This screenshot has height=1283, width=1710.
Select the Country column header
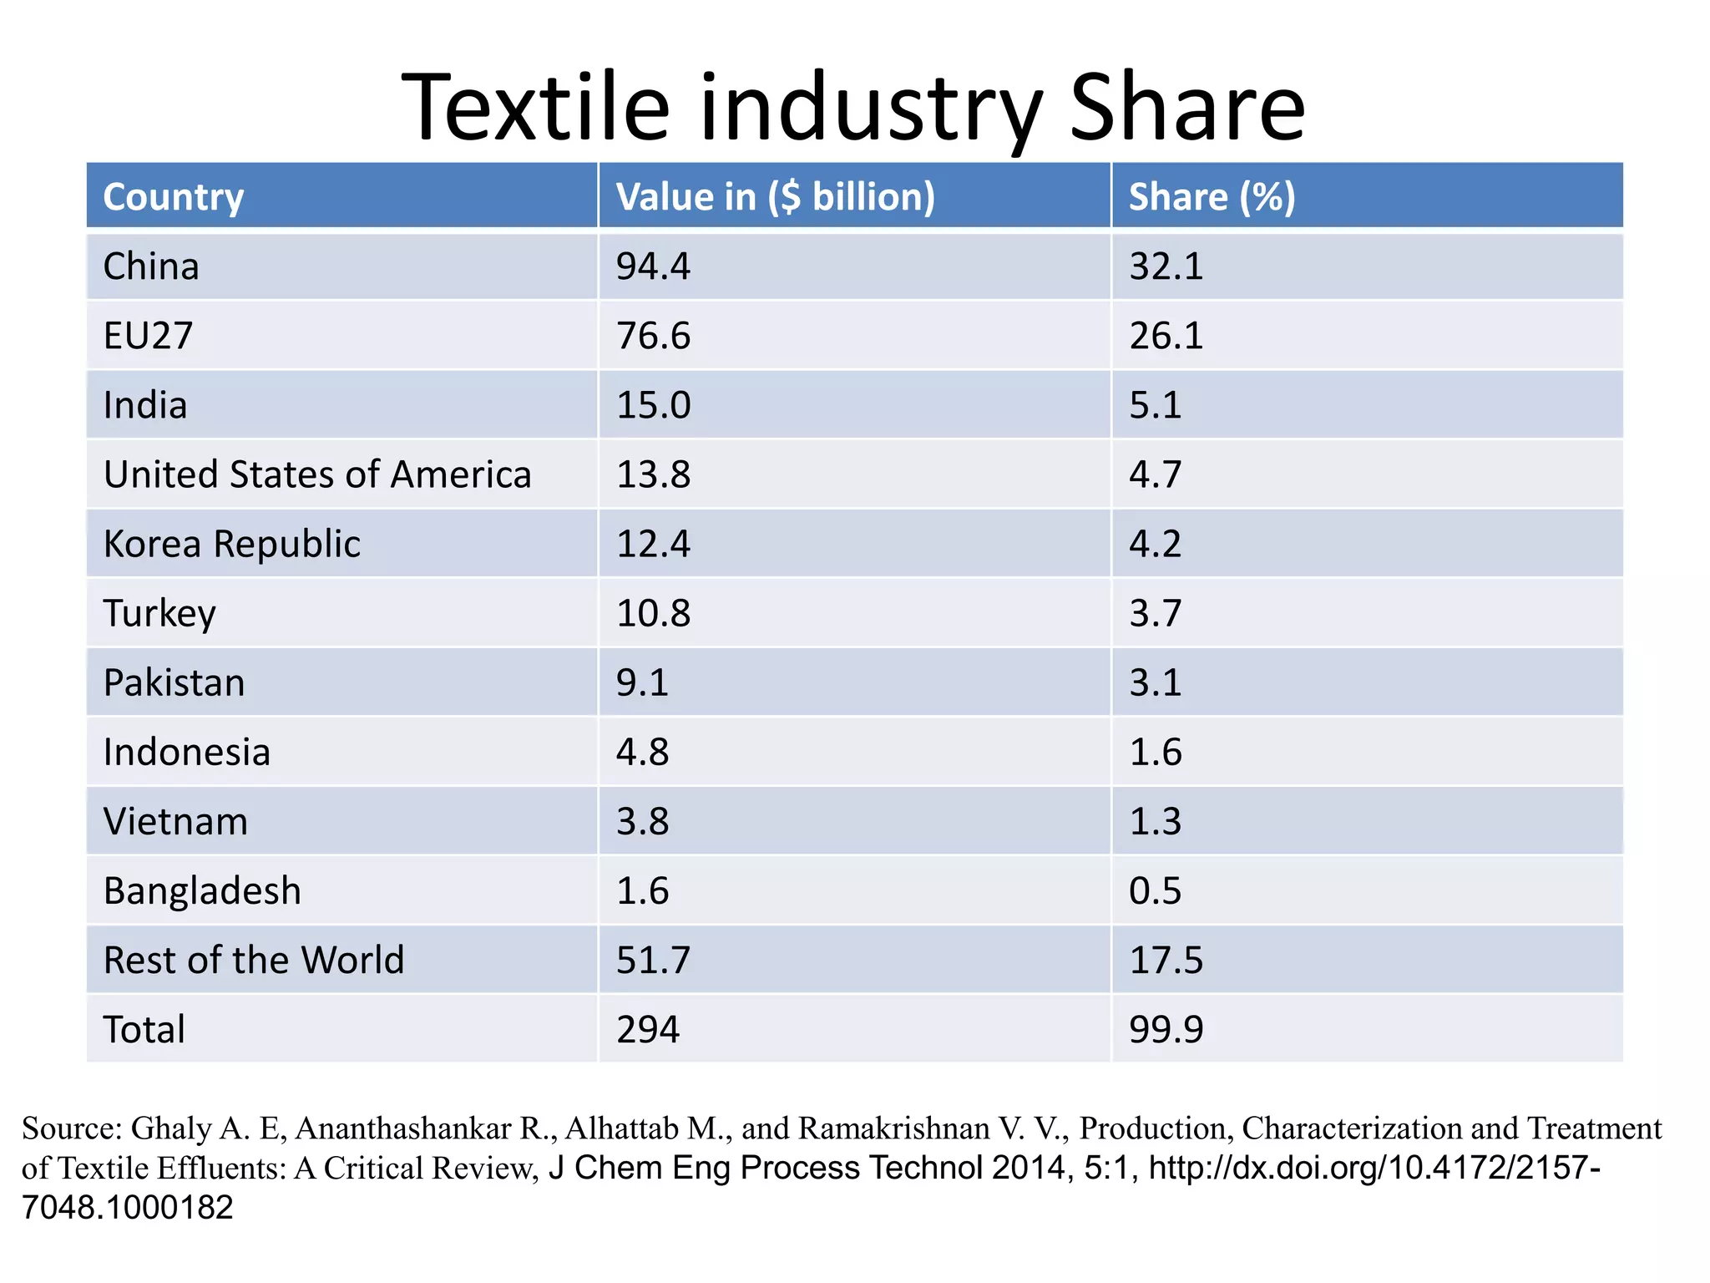tap(173, 197)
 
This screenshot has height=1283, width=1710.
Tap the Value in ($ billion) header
tap(775, 197)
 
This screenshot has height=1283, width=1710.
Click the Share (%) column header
tap(1212, 197)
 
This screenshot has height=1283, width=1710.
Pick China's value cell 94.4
tap(653, 266)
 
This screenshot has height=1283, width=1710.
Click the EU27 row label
tap(148, 336)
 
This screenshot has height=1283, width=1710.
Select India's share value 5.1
tap(1155, 405)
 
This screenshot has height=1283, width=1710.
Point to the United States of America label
tap(317, 474)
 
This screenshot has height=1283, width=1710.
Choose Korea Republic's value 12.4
tap(653, 544)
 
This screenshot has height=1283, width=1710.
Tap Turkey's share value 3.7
tap(1155, 613)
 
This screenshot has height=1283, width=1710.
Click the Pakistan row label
tap(174, 682)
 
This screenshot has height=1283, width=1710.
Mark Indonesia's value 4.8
tap(642, 752)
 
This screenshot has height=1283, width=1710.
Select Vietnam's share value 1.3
tap(1155, 821)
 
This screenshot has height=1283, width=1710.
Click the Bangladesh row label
tap(202, 890)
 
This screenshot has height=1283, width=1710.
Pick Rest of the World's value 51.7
tap(653, 960)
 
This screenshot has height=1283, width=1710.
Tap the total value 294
tap(648, 1029)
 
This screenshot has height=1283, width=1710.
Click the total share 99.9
tap(1166, 1029)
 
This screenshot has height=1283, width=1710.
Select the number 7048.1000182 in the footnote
tap(127, 1207)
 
